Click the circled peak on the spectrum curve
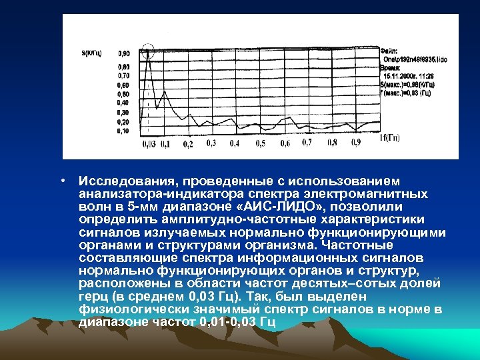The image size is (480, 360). [148, 50]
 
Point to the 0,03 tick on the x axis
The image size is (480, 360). [149, 143]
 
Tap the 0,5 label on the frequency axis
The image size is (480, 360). [260, 143]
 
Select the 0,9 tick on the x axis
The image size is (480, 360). [356, 143]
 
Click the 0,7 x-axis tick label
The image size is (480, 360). [307, 143]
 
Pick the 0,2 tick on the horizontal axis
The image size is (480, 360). [187, 144]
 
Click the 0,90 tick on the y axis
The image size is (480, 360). [124, 53]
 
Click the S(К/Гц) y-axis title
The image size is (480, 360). [91, 52]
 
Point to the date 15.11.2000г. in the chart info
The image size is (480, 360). [398, 77]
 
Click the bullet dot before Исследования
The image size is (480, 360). [61, 181]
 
